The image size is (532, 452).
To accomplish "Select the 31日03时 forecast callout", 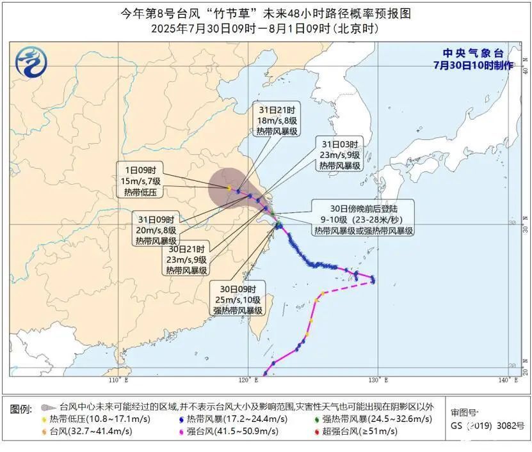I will tap(339, 154).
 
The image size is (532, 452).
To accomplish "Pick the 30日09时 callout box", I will tap(238, 299).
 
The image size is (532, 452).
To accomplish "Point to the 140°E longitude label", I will tap(508, 380).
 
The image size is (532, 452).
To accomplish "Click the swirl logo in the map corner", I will tap(31, 62).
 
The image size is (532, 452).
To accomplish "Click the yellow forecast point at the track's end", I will tap(229, 188).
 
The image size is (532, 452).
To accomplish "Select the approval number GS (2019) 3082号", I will tap(487, 425).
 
